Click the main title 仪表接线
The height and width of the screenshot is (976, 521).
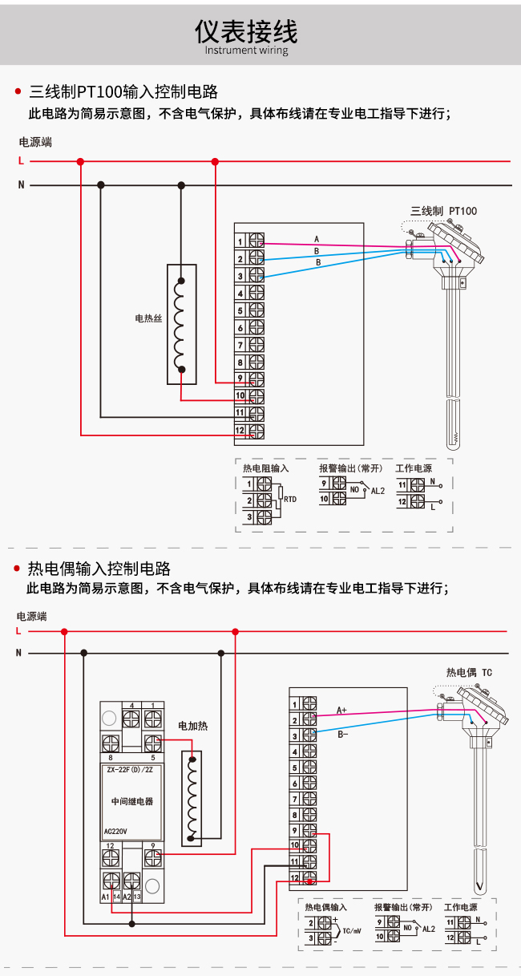tap(246, 31)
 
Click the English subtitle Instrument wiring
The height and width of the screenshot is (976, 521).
tap(246, 50)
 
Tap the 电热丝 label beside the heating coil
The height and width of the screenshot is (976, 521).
tap(148, 318)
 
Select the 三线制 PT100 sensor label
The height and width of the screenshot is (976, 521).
tap(443, 212)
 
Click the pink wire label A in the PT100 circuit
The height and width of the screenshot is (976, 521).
tap(317, 239)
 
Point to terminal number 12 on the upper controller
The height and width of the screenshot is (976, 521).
tap(240, 431)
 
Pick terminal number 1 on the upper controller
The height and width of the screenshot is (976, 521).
tap(240, 241)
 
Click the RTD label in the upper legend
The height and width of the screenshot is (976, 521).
tap(290, 500)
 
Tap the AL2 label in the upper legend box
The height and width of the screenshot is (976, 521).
tap(378, 491)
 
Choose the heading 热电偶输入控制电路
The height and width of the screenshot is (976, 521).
tap(99, 569)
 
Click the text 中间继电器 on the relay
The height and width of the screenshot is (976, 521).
tap(132, 801)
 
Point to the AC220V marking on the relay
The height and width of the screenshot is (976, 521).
tap(115, 832)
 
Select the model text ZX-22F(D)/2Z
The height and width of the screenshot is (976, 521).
tap(130, 770)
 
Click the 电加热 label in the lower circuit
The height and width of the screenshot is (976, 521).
tap(193, 726)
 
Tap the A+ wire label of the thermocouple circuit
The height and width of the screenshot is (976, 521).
tap(341, 711)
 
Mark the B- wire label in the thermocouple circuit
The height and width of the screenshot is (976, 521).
tap(343, 735)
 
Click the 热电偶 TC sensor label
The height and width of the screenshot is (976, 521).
tap(469, 673)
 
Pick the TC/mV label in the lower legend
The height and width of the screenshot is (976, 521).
tap(352, 931)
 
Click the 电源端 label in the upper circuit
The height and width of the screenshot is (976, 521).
tap(35, 142)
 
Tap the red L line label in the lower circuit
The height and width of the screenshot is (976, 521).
tap(18, 631)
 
